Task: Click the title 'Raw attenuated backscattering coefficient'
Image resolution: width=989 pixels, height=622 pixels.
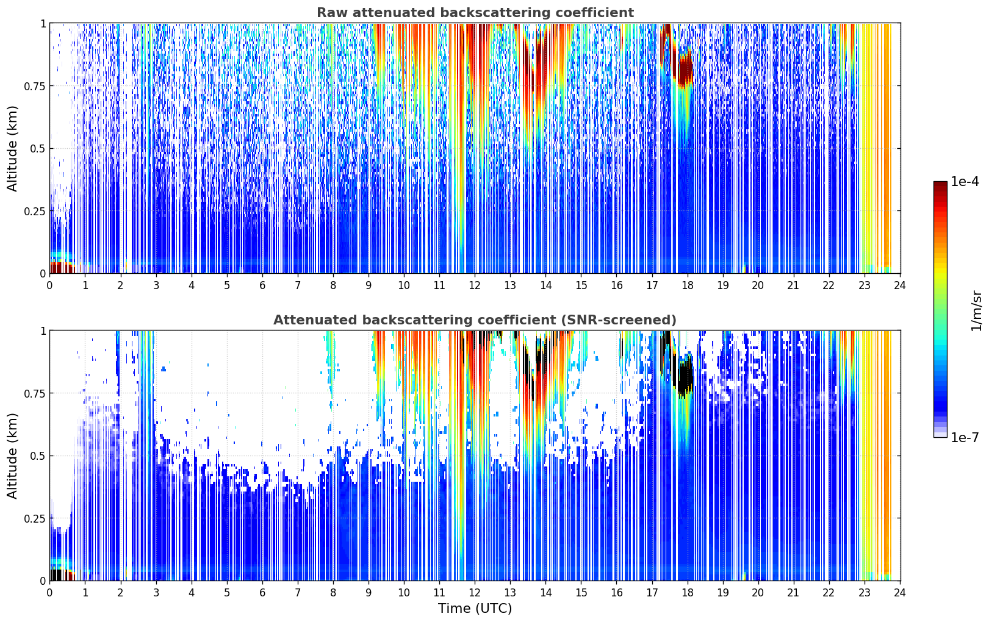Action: click(x=475, y=12)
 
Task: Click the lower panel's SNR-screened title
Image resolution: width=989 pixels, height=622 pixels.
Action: click(x=475, y=320)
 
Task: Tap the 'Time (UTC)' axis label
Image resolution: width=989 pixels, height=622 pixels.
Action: click(x=475, y=609)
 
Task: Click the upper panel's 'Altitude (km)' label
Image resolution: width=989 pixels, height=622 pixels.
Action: click(x=12, y=149)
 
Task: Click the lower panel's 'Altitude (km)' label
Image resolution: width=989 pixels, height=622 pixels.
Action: click(x=12, y=456)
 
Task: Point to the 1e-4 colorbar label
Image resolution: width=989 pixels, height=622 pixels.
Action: click(x=965, y=181)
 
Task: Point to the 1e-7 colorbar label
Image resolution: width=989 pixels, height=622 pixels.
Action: click(x=965, y=438)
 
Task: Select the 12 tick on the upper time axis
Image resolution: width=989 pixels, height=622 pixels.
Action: click(x=475, y=285)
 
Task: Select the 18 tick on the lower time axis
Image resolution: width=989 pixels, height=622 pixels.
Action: click(x=688, y=593)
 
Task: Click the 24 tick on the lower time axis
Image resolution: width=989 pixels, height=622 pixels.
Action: click(x=900, y=593)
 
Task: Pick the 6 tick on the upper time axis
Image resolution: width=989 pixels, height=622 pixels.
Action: click(x=262, y=285)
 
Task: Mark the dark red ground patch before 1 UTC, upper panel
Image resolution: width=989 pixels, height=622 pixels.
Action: click(x=62, y=268)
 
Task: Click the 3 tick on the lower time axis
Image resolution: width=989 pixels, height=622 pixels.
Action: click(x=156, y=593)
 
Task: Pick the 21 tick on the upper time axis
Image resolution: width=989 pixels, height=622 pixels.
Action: click(x=793, y=285)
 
